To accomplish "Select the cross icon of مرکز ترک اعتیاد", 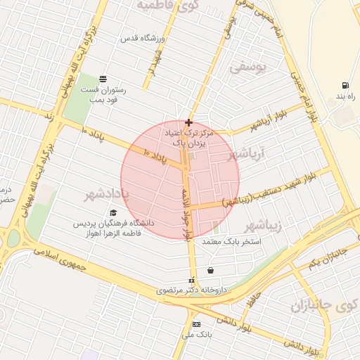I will coord(188,122).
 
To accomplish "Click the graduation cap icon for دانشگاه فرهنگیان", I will coord(112,212).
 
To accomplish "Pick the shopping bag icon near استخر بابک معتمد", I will coord(210,270).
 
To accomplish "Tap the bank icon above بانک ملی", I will coord(196,324).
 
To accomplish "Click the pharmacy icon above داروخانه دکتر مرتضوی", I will coord(191,281).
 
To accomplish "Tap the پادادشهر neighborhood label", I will coord(106,193).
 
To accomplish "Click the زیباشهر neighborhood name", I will coord(263,226).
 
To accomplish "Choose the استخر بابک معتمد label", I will coord(231,241).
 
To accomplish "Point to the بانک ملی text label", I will coord(196,335).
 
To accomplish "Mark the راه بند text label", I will coord(345,95).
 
